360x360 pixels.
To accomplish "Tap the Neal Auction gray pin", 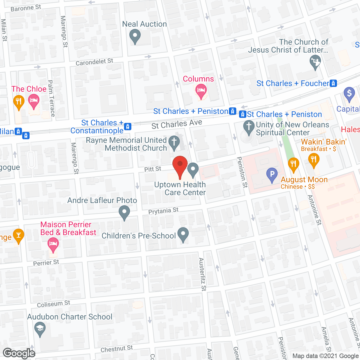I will coord(135,36).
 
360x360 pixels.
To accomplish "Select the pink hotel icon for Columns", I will coord(201,91).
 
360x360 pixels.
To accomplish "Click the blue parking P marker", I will coord(272,174).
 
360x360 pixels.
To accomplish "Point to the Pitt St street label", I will coord(153,169).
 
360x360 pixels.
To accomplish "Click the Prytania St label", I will coord(163,211).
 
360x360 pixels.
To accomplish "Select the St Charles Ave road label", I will coord(177,124).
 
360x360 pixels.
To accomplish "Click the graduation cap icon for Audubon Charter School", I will coord(40,328).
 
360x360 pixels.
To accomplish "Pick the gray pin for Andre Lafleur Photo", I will coord(124,212).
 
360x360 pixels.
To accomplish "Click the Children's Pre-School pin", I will coord(183,234).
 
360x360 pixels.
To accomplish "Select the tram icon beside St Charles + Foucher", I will coord(333,83).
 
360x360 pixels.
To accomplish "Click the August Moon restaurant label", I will coord(304,179).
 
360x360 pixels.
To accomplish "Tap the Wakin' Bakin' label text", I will coord(324,142).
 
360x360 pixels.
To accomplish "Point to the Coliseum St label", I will coord(53,304).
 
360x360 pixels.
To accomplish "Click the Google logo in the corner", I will coord(19,353).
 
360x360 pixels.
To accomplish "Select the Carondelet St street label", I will coord(94,62).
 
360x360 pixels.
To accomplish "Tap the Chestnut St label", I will coord(116,349).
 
